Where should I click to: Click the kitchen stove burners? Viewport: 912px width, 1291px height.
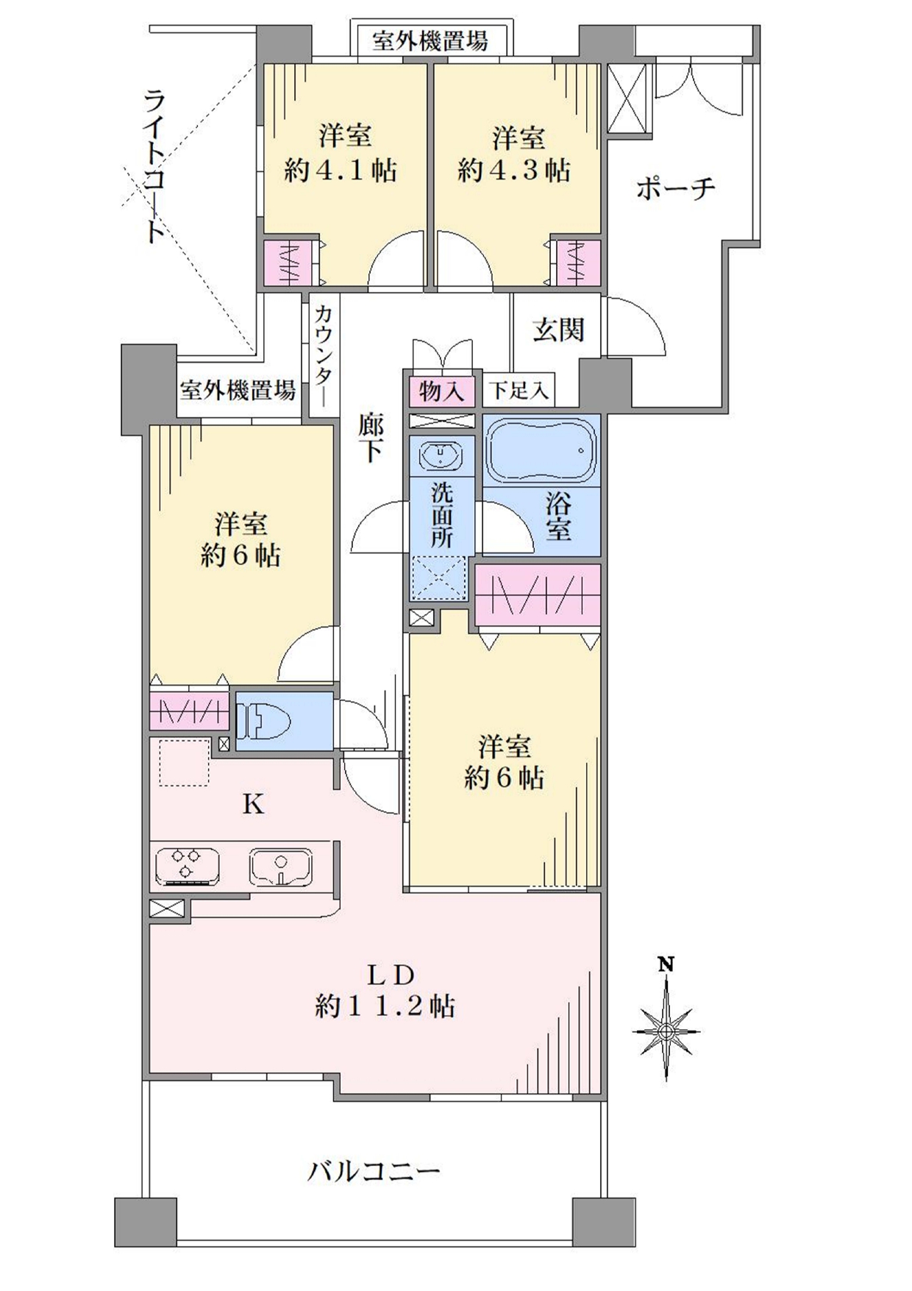point(188,867)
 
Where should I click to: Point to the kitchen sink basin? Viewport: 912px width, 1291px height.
point(280,867)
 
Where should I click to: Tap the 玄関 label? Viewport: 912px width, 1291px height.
point(558,330)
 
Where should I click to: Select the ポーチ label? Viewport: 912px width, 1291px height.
point(675,189)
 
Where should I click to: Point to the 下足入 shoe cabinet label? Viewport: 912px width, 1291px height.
point(519,391)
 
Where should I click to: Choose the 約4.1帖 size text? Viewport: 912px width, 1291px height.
point(341,171)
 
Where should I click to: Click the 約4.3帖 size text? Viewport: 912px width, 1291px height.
point(514,171)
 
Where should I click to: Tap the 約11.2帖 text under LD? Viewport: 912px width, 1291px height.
point(385,1006)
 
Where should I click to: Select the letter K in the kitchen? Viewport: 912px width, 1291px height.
point(253,805)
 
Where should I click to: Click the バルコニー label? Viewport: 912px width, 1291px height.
point(374,1170)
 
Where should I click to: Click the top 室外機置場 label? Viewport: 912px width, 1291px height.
point(430,40)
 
